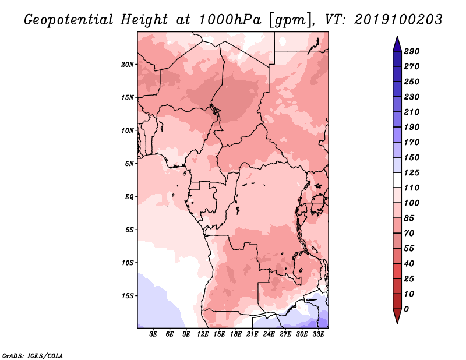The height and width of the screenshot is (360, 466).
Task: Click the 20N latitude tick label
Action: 127,65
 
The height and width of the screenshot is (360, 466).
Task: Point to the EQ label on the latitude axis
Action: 129,197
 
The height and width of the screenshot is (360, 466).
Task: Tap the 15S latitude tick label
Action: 127,296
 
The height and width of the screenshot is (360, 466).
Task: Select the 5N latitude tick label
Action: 129,164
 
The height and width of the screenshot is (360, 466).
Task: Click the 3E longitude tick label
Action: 153,334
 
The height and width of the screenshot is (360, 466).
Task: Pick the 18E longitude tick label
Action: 236,334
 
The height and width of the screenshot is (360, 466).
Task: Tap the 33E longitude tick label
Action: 318,334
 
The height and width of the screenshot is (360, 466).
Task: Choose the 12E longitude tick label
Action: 203,334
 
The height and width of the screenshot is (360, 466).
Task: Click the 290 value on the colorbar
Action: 411,51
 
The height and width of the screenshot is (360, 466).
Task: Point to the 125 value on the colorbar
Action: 411,172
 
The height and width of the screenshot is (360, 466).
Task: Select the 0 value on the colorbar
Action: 406,309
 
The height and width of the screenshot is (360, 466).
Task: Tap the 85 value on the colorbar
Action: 409,218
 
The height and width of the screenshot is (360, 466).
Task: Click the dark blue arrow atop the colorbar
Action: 397,44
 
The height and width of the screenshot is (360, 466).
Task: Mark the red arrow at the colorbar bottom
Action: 397,316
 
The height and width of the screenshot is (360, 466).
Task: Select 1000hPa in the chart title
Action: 230,20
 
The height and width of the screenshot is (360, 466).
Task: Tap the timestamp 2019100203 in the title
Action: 398,20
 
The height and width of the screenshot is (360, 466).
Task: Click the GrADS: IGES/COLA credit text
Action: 33,355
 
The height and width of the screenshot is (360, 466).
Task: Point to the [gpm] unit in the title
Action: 292,20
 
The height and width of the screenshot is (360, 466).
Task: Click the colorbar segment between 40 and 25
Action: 397,271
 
